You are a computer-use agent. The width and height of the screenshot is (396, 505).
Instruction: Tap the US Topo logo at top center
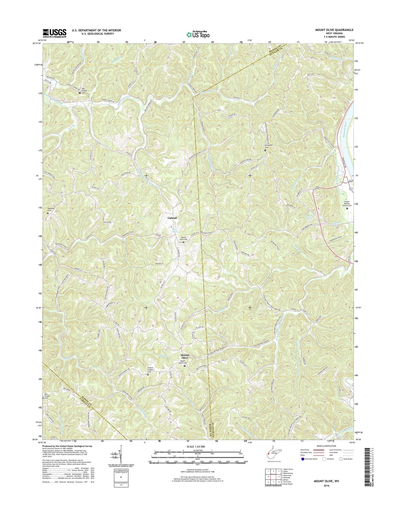(198, 34)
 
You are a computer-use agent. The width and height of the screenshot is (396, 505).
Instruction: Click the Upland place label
(172, 218)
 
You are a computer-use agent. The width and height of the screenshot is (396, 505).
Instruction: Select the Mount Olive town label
(185, 356)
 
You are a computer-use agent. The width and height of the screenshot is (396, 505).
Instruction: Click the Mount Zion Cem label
(183, 238)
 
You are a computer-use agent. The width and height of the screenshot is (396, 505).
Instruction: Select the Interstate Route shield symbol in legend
(302, 459)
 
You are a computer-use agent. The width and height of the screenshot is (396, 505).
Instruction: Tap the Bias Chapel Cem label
(47, 396)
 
